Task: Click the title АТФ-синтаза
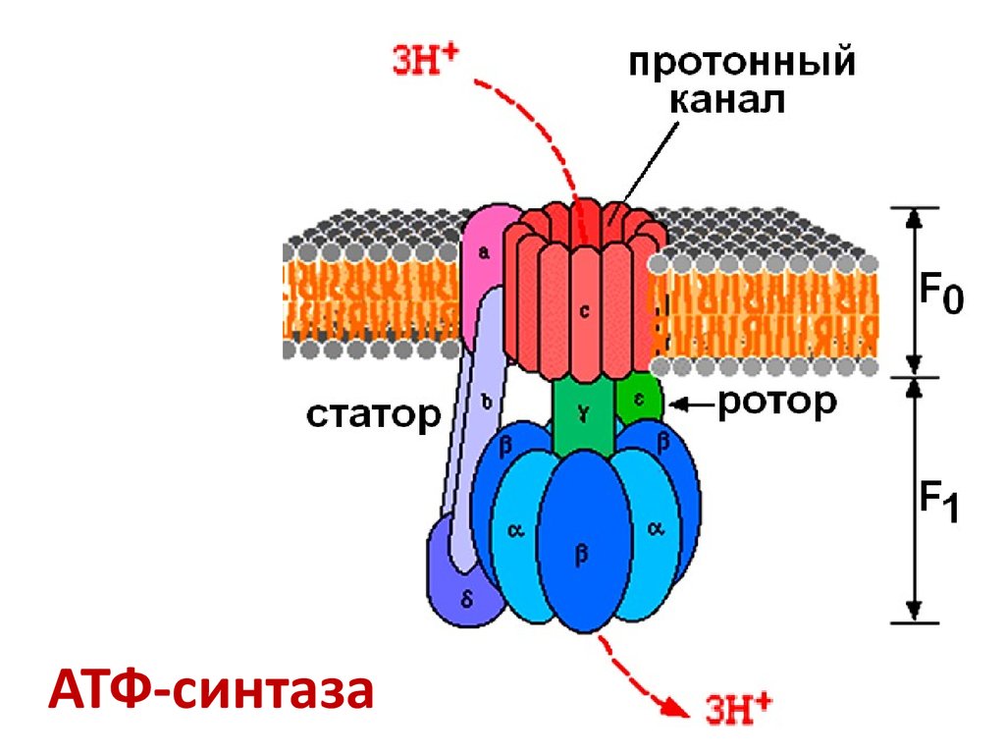pos(211,689)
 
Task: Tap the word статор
pos(373,415)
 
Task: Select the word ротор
pos(777,403)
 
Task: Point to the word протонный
pos(742,66)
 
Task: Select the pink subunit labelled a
pos(485,253)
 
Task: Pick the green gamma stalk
pos(583,417)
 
